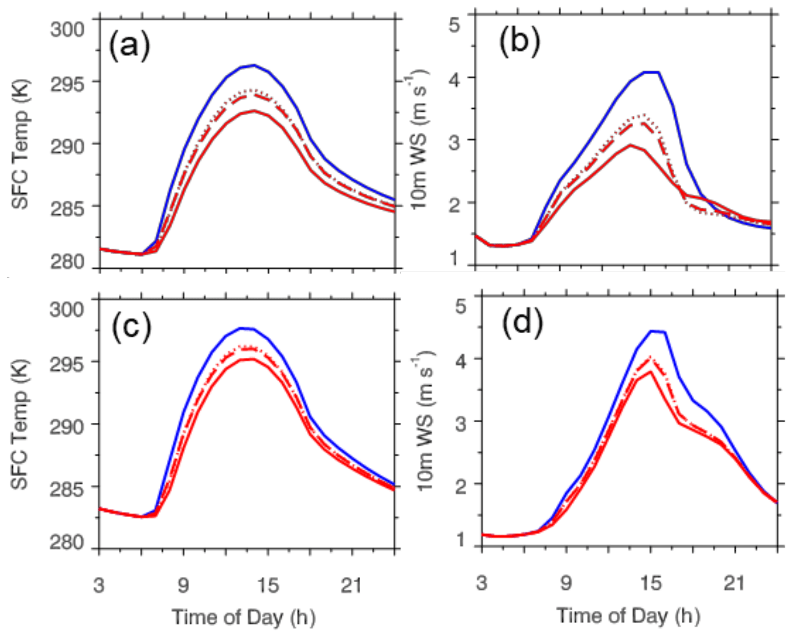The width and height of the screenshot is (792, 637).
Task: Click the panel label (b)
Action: point(519,42)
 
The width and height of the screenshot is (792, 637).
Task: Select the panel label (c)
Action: point(132,326)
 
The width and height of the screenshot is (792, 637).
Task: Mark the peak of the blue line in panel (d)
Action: point(652,331)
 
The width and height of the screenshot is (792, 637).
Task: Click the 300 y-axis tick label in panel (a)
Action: point(67,29)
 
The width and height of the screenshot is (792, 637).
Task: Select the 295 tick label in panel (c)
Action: point(67,364)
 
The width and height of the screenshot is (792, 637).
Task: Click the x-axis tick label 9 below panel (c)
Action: point(183,585)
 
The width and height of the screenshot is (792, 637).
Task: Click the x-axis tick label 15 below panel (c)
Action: point(267,585)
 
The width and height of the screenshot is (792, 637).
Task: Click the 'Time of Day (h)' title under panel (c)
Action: point(243,617)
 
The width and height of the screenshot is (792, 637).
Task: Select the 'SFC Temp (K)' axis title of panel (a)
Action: point(20,144)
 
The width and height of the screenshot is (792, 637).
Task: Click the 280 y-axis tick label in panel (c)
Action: point(67,542)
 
